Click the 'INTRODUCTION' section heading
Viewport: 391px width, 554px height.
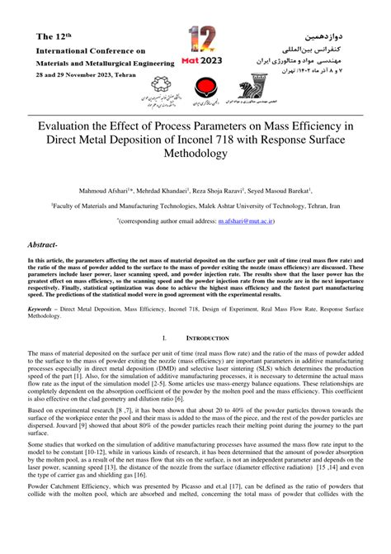[x=210, y=337]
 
